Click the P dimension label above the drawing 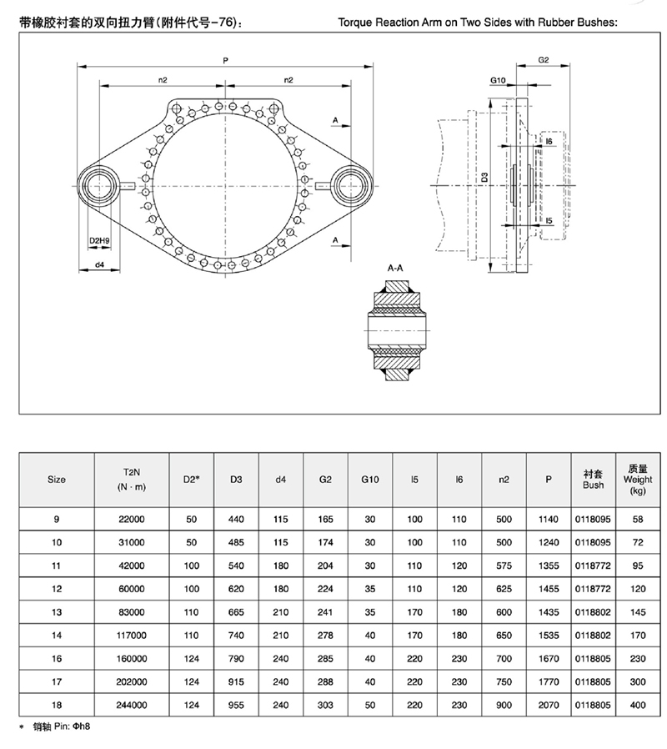[225, 61]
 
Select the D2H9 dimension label [99, 241]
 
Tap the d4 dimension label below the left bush [99, 264]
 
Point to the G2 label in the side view [544, 60]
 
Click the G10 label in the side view [498, 80]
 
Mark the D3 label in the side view [484, 177]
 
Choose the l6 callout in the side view [549, 142]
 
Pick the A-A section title [395, 268]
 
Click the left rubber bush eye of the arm [99, 185]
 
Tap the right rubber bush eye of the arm [352, 185]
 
